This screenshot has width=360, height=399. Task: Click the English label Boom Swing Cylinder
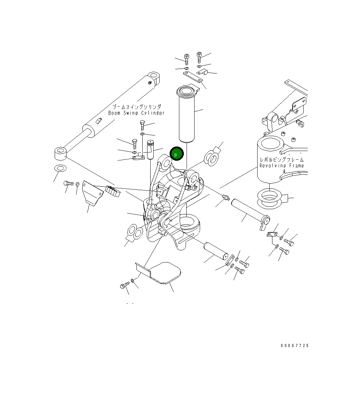point(136,113)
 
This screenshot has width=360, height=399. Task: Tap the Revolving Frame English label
point(282,166)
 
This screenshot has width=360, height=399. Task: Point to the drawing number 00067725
point(295,346)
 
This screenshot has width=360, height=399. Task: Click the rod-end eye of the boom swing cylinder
point(60,153)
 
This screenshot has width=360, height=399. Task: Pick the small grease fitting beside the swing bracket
point(226,198)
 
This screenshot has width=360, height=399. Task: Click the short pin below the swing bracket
point(215,251)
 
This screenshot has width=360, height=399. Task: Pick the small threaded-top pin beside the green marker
point(151,149)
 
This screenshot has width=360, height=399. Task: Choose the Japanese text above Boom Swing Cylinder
point(137,107)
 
